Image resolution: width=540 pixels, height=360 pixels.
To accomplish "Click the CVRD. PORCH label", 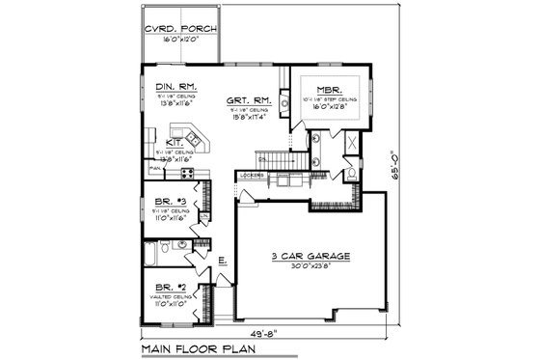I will pyautogui.click(x=180, y=29).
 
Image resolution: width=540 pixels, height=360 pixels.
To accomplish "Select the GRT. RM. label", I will pyautogui.click(x=248, y=99).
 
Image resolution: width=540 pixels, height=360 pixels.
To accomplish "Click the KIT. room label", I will pyautogui.click(x=174, y=141).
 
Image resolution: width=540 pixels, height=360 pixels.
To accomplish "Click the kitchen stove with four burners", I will pyautogui.click(x=188, y=174).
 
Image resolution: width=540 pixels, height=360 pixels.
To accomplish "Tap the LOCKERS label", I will pyautogui.click(x=251, y=175).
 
